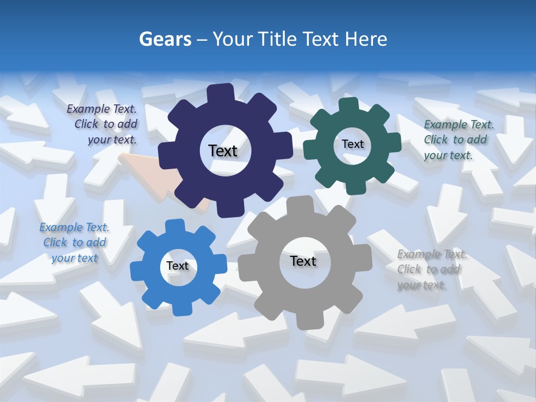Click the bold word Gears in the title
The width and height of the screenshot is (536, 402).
pyautogui.click(x=165, y=39)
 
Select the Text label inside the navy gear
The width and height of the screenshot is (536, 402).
pyautogui.click(x=223, y=151)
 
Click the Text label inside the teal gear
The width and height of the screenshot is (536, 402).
pyautogui.click(x=352, y=144)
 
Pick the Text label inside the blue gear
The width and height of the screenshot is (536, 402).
pyautogui.click(x=178, y=266)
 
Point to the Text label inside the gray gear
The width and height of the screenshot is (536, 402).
pyautogui.click(x=303, y=261)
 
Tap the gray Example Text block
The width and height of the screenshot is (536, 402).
pyautogui.click(x=431, y=270)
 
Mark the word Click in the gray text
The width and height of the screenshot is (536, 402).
pyautogui.click(x=409, y=270)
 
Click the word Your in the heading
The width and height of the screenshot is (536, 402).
pyautogui.click(x=232, y=39)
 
